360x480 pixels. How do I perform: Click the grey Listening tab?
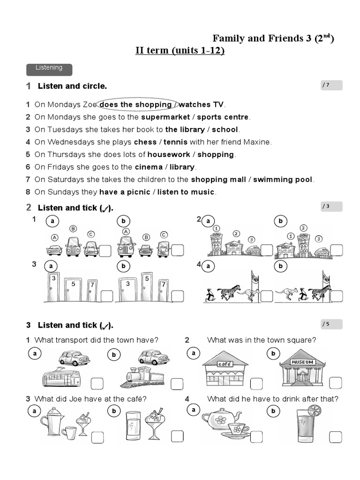point(49,68)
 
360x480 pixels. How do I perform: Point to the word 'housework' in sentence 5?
point(169,154)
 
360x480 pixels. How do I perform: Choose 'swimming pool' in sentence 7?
point(283,180)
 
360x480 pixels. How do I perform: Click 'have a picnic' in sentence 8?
point(125,192)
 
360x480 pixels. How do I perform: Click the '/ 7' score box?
point(331,85)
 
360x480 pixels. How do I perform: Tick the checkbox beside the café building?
point(256,384)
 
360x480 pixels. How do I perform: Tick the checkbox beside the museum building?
point(335,383)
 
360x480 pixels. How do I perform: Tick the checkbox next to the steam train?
point(177,384)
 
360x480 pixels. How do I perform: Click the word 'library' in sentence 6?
point(182,167)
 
